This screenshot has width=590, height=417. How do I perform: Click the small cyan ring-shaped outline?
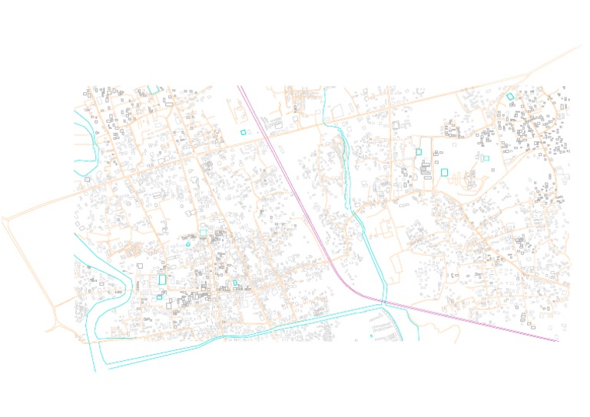(188, 244)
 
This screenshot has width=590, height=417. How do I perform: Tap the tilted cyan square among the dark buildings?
(510, 97)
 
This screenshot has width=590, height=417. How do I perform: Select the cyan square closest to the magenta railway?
(244, 132)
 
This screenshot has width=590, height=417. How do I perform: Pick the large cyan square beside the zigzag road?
(444, 172)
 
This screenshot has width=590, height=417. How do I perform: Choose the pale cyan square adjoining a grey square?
(486, 158)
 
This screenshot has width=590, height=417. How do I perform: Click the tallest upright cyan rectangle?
(162, 280)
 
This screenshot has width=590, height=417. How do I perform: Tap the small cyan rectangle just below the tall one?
(159, 297)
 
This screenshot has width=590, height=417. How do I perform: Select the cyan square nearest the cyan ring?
(203, 232)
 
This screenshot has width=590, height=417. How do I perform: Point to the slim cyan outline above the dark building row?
(235, 283)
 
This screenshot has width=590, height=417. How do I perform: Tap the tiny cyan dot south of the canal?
(371, 335)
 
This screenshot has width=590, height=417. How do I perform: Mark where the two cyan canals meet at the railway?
(383, 303)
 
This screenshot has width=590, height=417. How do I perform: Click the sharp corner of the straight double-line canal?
(99, 340)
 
